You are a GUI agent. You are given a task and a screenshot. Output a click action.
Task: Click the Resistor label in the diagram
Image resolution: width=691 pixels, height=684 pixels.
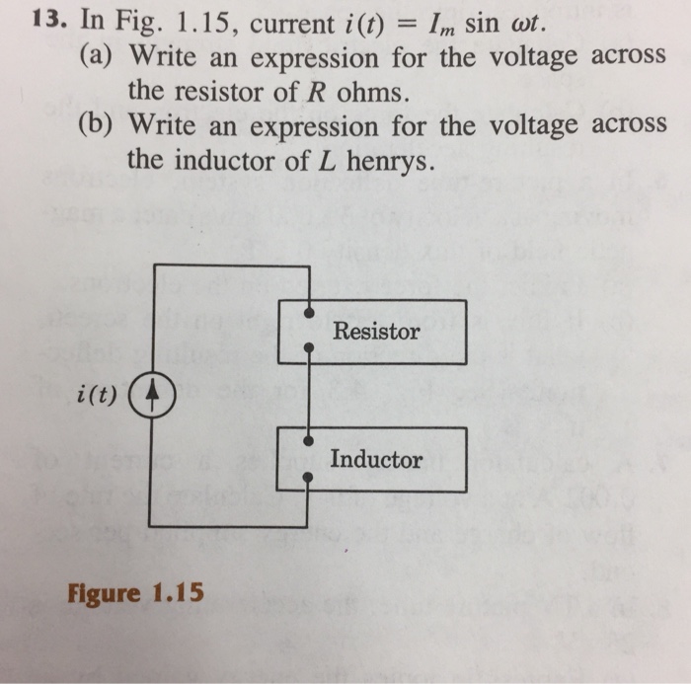(x=376, y=332)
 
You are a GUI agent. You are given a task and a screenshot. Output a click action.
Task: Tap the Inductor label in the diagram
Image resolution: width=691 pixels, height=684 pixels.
(x=376, y=459)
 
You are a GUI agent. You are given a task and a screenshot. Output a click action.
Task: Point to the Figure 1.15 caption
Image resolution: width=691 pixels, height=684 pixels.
(x=134, y=593)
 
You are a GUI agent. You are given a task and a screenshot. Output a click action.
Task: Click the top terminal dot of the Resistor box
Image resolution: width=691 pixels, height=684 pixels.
(x=310, y=314)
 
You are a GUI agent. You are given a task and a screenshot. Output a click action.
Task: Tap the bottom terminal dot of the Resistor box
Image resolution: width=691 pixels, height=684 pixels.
(x=310, y=347)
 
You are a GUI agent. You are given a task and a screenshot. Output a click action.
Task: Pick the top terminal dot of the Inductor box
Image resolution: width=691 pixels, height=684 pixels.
(x=310, y=441)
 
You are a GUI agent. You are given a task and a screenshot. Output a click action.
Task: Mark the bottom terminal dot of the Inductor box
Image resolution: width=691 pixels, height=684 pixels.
(x=310, y=477)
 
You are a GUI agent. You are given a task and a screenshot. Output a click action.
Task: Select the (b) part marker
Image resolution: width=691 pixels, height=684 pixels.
(x=97, y=125)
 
